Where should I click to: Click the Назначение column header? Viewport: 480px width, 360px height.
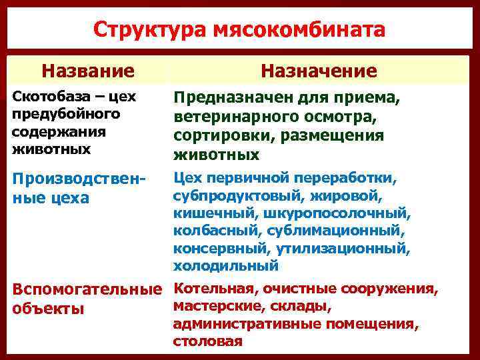click(x=319, y=71)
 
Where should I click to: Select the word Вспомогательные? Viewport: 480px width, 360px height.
click(x=87, y=291)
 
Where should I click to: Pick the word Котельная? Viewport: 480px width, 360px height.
click(x=213, y=290)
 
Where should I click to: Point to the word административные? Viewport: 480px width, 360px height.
click(x=253, y=325)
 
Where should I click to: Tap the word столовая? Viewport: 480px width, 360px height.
click(x=207, y=341)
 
